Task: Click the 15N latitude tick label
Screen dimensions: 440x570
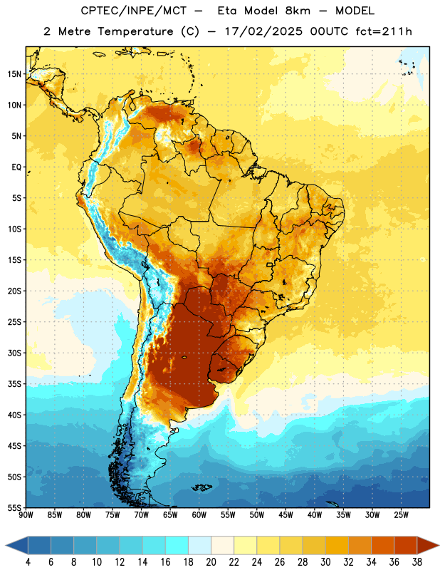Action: pos(14,74)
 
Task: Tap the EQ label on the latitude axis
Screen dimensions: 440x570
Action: pos(16,167)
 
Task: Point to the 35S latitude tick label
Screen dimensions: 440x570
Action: pos(14,384)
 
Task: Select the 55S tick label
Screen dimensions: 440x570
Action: pos(14,507)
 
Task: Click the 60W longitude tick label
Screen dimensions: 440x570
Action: pos(199,515)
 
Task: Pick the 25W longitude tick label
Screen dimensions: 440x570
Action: pos(401,515)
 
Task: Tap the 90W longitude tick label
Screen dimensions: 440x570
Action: pos(26,515)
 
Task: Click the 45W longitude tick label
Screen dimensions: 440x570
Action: pos(286,515)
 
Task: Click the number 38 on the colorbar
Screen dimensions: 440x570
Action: pos(417,562)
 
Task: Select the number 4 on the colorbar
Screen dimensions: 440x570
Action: pos(28,562)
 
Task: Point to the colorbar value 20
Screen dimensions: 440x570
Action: pos(211,562)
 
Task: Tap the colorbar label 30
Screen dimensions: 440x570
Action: pos(325,562)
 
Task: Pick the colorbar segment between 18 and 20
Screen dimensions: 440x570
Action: pos(200,545)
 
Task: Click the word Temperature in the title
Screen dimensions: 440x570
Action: pos(135,31)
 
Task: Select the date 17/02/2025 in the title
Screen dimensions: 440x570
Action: pos(263,31)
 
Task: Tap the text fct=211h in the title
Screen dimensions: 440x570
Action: pos(384,31)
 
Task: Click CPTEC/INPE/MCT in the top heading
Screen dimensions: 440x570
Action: pos(134,11)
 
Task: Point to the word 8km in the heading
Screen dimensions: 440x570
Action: pos(298,11)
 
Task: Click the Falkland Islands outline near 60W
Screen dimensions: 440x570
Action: pos(201,487)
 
